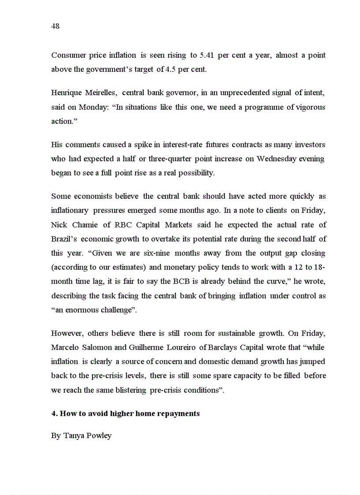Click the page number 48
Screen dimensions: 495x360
click(x=55, y=26)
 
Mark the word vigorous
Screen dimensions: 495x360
click(x=311, y=107)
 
